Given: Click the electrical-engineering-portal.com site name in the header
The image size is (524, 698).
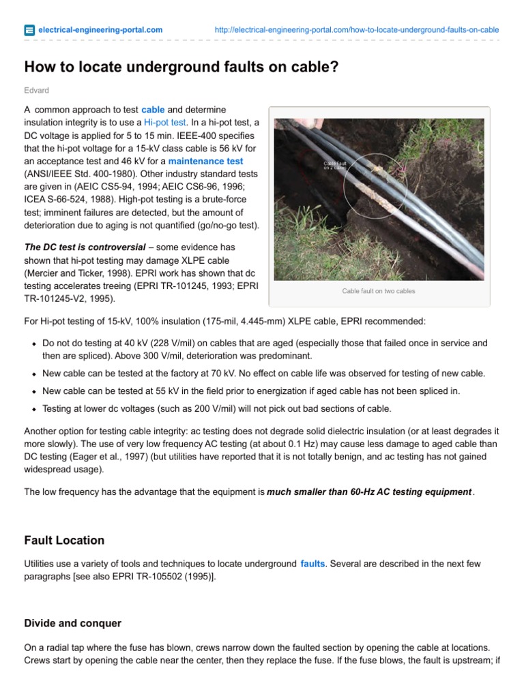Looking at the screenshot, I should (100, 30).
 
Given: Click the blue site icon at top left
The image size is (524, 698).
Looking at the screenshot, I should (29, 30).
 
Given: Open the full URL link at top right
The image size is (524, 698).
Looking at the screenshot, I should (356, 30).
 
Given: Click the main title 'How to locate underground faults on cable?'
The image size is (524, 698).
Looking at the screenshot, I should (181, 67).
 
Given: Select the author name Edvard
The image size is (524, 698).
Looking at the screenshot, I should (36, 90).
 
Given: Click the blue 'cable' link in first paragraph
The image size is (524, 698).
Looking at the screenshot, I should (153, 110).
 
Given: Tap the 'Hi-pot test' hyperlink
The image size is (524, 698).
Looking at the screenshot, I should (164, 123).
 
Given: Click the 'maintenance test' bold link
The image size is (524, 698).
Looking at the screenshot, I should (205, 162).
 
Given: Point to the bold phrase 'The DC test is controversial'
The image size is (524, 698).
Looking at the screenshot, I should (85, 247).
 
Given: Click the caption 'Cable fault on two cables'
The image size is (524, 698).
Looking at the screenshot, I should (379, 291).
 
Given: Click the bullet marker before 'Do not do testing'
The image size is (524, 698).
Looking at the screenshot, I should (33, 344).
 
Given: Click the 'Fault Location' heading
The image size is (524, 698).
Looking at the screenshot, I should (64, 540).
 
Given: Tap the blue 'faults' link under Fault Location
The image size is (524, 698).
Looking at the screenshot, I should (312, 564).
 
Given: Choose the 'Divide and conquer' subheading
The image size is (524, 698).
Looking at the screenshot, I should (72, 623).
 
